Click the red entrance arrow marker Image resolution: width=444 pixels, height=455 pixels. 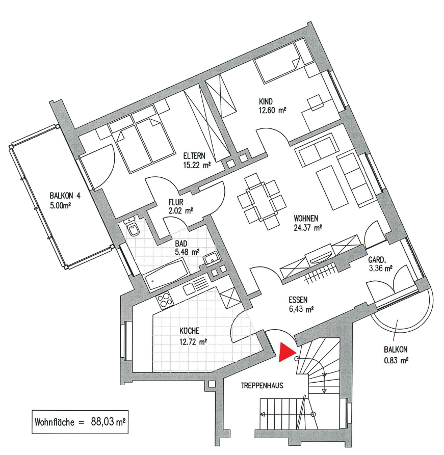(288, 352)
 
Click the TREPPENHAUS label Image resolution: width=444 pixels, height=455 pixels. (262, 386)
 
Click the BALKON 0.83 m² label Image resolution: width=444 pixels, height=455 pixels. (397, 355)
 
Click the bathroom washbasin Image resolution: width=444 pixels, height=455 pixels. (211, 259)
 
